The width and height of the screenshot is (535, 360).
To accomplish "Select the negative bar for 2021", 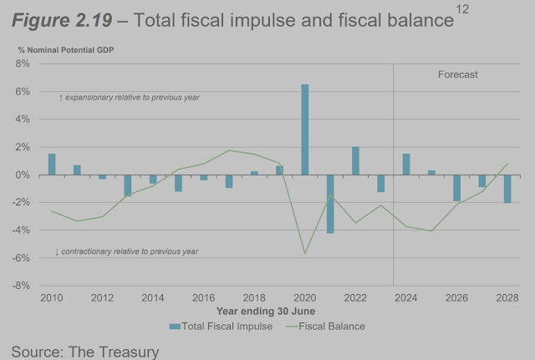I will pyautogui.click(x=330, y=204).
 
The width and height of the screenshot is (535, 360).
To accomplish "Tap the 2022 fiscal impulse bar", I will pyautogui.click(x=355, y=161).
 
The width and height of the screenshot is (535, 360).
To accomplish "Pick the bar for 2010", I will pyautogui.click(x=52, y=165).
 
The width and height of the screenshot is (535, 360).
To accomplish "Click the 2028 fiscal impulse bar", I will pyautogui.click(x=507, y=189).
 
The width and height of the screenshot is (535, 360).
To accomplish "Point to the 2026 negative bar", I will pyautogui.click(x=456, y=188).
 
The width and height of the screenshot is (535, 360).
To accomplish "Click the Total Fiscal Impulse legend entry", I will pyautogui.click(x=220, y=326).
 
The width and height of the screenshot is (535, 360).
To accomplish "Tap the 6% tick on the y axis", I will pyautogui.click(x=23, y=91).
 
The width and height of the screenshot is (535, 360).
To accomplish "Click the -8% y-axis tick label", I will pyautogui.click(x=22, y=286).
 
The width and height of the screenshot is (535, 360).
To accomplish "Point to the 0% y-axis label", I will pyautogui.click(x=23, y=175).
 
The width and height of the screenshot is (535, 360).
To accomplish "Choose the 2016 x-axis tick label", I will pyautogui.click(x=204, y=297).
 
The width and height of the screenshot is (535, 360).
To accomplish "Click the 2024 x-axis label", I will pyautogui.click(x=406, y=297).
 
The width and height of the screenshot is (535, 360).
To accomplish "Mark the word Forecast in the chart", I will pyautogui.click(x=458, y=74).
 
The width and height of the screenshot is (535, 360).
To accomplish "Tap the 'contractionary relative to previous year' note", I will pyautogui.click(x=127, y=251).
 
